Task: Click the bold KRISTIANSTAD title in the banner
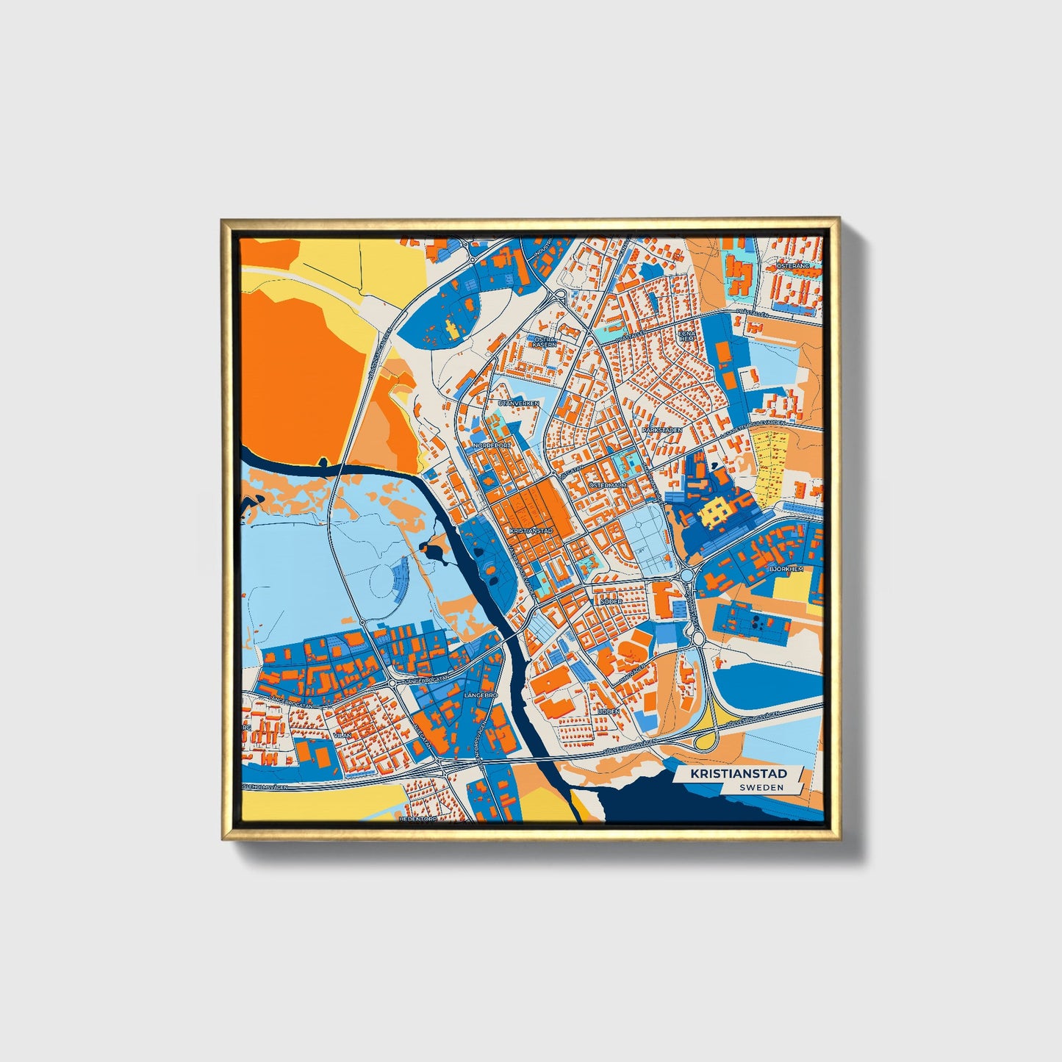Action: (x=738, y=773)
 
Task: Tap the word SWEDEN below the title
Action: (x=761, y=787)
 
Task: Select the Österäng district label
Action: (x=793, y=265)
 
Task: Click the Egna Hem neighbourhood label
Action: (x=686, y=334)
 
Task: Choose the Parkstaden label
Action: (x=661, y=430)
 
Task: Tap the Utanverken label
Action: (x=518, y=403)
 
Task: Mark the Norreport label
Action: (x=492, y=445)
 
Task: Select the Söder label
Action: (x=611, y=601)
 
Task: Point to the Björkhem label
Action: (x=786, y=569)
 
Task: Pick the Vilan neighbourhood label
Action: (x=342, y=733)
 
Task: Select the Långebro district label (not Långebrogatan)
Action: (x=481, y=694)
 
